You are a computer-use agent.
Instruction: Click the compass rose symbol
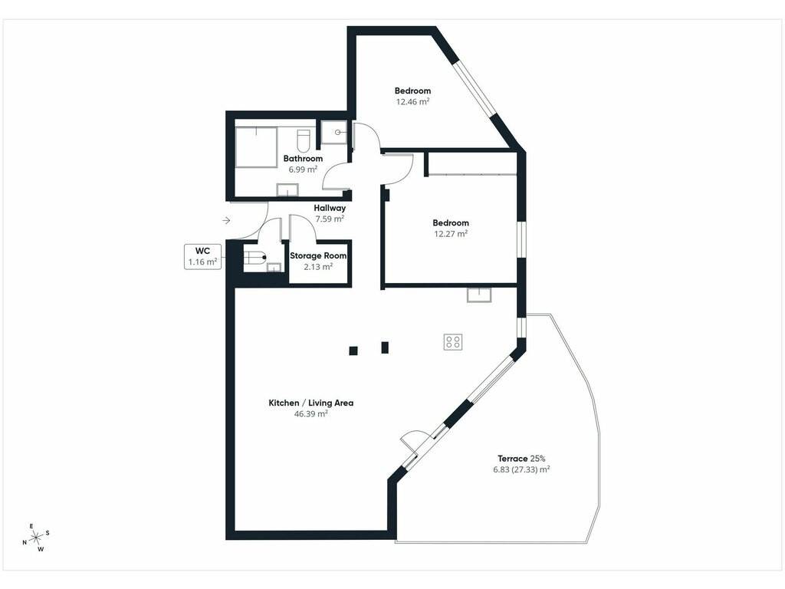coord(36,538)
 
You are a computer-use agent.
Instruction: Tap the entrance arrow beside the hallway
coord(226,220)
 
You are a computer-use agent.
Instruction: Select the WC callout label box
coord(202,257)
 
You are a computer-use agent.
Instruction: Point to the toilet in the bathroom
coord(304,141)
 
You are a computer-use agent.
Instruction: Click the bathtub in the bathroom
coord(256,146)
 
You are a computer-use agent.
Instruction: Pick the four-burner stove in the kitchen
coord(452,342)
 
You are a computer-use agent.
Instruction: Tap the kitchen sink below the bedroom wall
coord(480,295)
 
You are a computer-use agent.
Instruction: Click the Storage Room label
coord(318,255)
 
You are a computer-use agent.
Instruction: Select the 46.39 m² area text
coord(311,413)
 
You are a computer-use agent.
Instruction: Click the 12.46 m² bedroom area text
coord(412,102)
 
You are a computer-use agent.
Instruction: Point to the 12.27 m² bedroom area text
coord(451,234)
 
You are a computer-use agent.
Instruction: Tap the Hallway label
coord(330,208)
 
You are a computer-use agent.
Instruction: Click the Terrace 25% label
coord(521,459)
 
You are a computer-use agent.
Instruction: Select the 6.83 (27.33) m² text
coord(521,470)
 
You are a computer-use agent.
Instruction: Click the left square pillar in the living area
coord(353,350)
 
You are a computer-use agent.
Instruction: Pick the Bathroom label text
coord(303,159)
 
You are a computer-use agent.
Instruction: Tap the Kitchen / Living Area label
coord(311,403)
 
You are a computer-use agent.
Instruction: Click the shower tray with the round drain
coord(334,132)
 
